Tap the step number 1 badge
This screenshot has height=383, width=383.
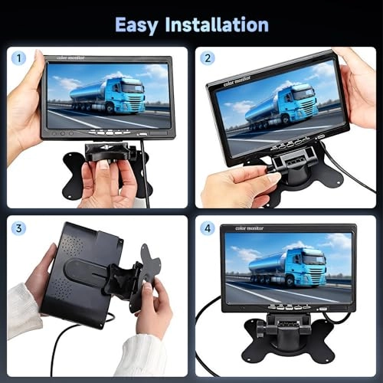click(19, 59)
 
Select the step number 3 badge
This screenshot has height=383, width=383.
click(19, 228)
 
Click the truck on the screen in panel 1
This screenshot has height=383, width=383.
click(107, 97)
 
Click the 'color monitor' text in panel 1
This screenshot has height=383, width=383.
click(62, 59)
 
